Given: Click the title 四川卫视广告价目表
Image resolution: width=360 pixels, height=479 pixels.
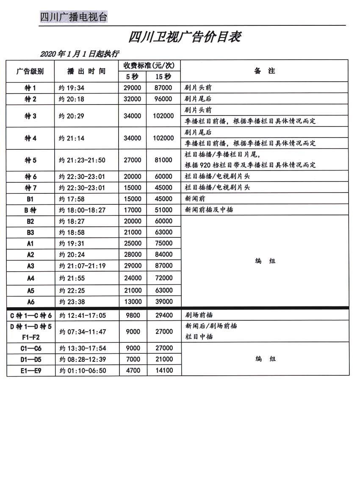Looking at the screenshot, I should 185,37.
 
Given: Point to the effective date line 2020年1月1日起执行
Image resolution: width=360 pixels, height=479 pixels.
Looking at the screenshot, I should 79,54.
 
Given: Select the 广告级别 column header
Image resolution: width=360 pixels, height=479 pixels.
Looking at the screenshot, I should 30,71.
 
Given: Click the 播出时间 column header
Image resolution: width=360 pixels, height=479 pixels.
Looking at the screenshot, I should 86,71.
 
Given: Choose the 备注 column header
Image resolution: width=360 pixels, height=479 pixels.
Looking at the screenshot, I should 264,71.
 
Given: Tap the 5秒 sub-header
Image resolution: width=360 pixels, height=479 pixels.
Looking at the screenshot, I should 133,77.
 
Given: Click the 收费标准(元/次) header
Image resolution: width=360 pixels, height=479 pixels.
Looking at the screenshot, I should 149,66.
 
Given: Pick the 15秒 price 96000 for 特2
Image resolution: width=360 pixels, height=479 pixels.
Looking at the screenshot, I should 163,99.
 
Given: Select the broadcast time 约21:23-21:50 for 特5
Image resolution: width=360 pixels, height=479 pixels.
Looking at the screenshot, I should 82,160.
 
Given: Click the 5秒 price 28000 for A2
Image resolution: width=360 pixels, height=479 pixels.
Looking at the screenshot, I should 133,254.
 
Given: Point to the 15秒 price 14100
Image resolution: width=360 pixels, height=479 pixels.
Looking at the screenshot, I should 164,370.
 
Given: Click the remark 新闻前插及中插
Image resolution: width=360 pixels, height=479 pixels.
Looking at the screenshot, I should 209,209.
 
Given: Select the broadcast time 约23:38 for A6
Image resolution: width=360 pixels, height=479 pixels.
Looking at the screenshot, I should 74,302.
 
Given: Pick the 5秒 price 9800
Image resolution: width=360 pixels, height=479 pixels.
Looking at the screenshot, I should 133,315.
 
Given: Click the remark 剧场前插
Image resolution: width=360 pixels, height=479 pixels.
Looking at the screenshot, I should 199,315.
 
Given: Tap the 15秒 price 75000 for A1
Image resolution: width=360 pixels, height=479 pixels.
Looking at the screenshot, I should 164,243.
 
